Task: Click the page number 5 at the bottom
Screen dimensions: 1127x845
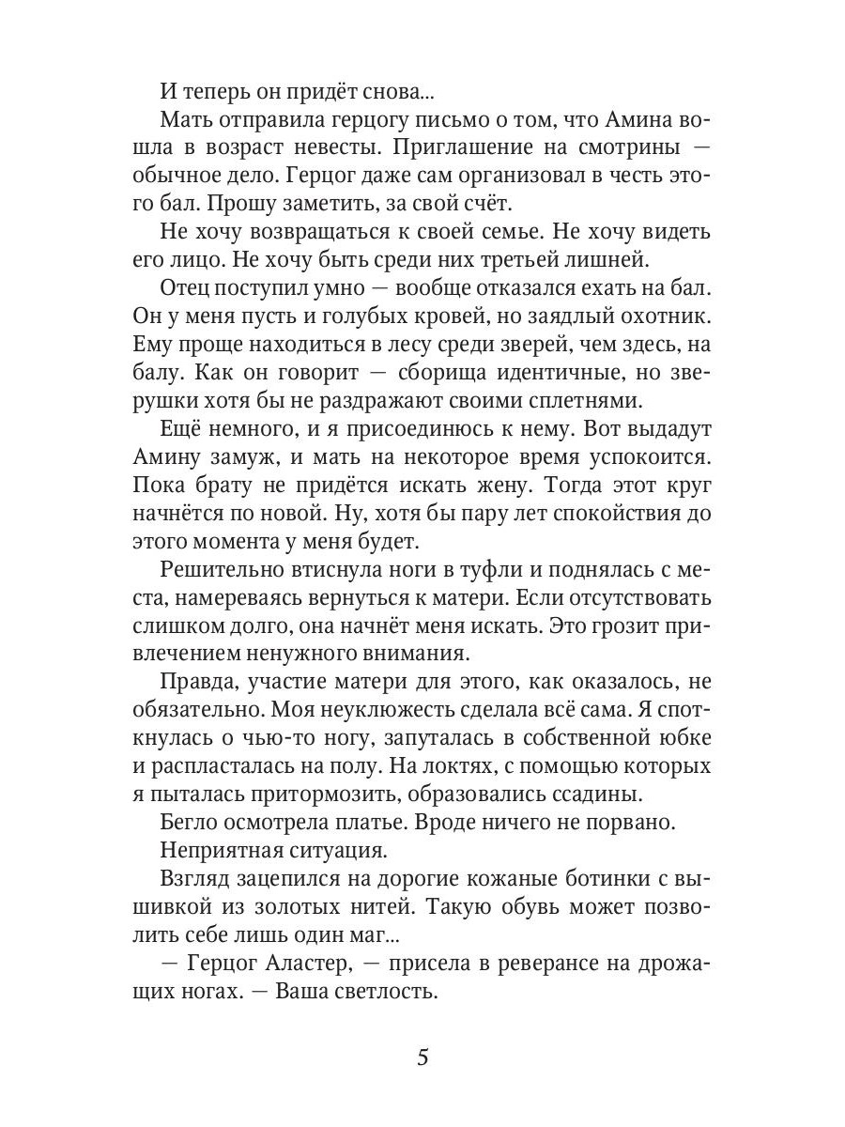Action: point(422,1058)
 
